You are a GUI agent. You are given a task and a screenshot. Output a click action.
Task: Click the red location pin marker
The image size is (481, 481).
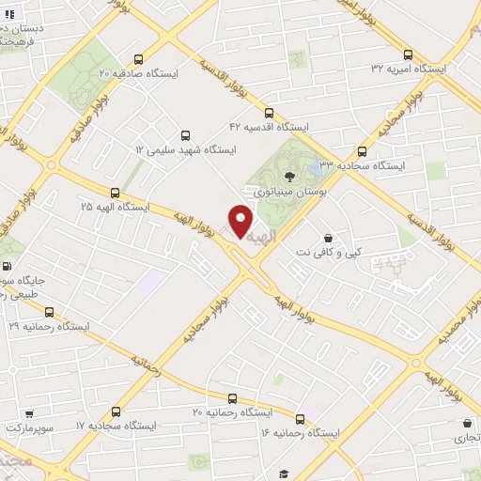tap(241, 222)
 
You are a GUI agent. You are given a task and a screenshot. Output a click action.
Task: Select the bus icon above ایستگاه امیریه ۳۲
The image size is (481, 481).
tap(407, 54)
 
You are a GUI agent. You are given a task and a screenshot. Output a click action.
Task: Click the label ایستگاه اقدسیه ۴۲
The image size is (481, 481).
tap(270, 126)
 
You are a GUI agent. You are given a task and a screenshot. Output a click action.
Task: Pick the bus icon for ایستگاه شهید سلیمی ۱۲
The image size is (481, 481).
tap(184, 135)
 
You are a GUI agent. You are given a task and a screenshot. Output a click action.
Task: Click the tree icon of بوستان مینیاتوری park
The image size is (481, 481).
tap(289, 175)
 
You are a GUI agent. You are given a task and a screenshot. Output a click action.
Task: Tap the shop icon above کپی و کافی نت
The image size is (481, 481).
tap(327, 239)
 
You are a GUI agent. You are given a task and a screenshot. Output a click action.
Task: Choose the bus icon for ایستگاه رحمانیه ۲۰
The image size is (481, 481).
tap(232, 397)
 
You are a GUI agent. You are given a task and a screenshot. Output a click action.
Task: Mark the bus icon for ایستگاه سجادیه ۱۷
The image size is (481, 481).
tap(116, 411)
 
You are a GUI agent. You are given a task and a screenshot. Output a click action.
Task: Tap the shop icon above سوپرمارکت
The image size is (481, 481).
tap(30, 412)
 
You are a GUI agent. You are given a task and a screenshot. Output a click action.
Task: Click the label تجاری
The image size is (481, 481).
tap(460, 437)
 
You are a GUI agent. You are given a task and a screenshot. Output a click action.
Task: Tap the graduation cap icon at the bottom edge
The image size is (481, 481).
tap(283, 474)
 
